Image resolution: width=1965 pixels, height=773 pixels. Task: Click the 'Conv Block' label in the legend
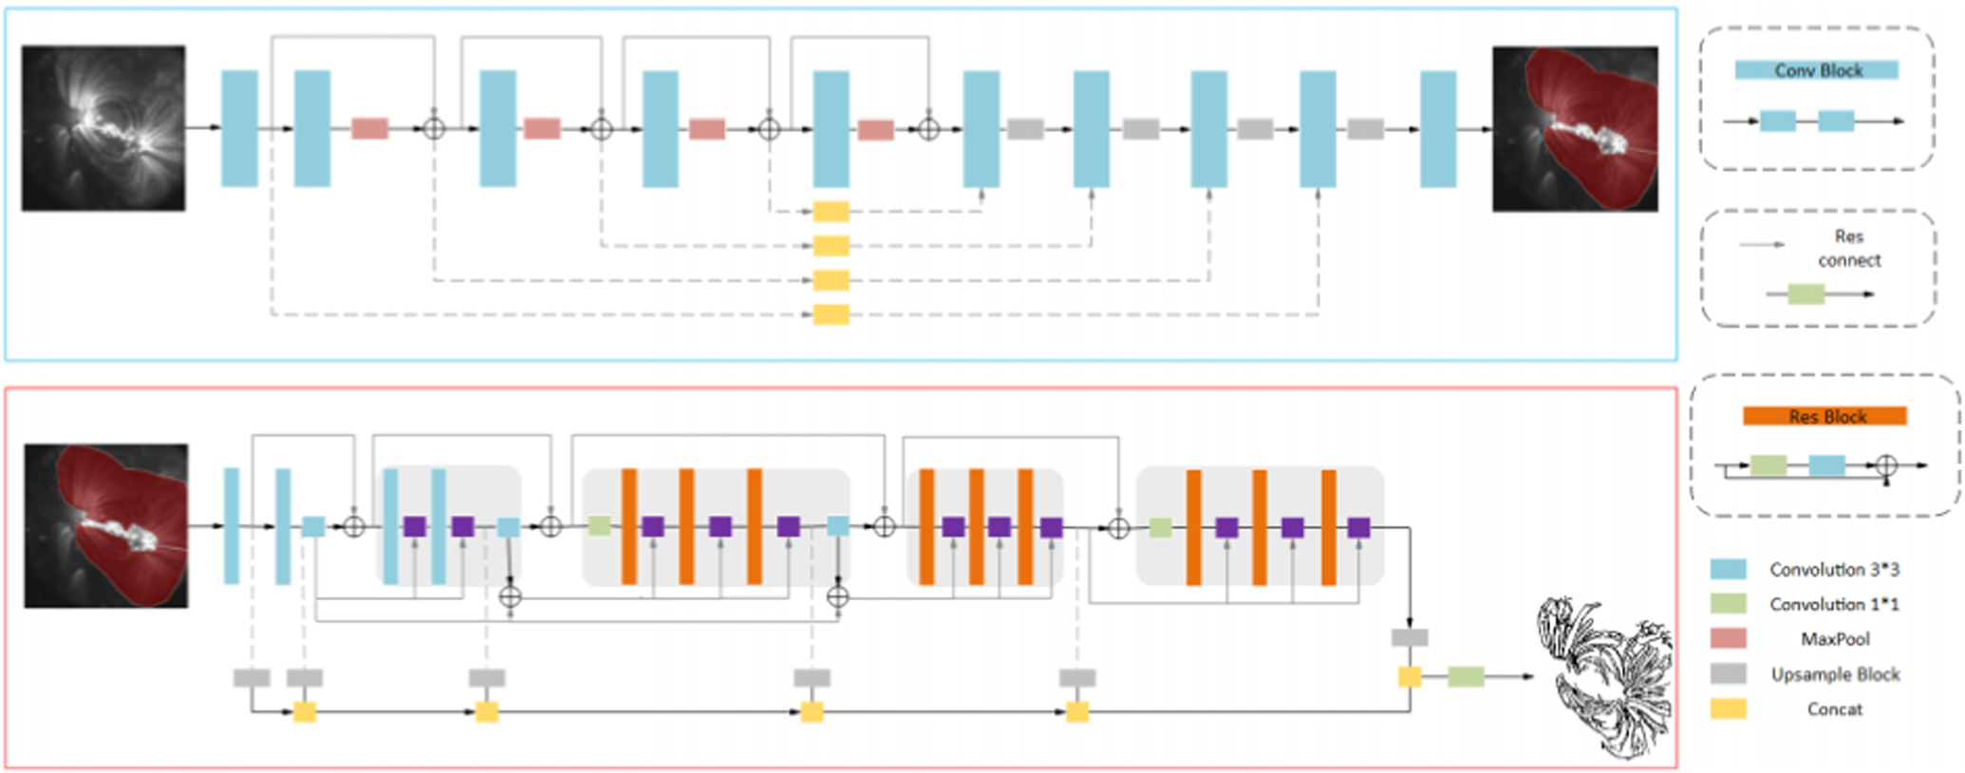[1817, 70]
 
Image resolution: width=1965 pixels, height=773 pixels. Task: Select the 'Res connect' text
[1848, 248]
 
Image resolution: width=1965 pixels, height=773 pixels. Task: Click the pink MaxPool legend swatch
[1728, 638]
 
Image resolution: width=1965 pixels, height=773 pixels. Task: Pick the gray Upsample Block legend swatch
[1728, 673]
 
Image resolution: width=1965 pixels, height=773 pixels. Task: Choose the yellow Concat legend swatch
[1728, 708]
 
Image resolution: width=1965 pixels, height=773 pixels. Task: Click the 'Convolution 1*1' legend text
[1833, 604]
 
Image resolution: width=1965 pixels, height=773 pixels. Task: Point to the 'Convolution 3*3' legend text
[1833, 569]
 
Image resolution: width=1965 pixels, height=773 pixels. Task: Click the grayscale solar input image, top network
[103, 128]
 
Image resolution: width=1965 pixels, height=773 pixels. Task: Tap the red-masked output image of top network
[1575, 128]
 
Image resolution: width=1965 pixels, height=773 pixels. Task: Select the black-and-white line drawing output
[1604, 676]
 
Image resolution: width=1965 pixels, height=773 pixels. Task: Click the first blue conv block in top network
[239, 128]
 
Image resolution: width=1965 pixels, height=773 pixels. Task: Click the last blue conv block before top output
[1437, 128]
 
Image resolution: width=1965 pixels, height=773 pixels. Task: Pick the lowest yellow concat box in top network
[831, 314]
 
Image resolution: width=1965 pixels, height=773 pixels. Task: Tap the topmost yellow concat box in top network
[831, 212]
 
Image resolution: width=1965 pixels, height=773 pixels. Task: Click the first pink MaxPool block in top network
[369, 128]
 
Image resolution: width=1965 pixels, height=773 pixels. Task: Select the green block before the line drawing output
[1466, 676]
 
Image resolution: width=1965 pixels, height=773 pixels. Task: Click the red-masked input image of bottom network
[105, 525]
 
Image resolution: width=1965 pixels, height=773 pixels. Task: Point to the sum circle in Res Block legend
[1886, 465]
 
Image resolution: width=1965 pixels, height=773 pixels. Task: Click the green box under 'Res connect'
[1806, 293]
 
